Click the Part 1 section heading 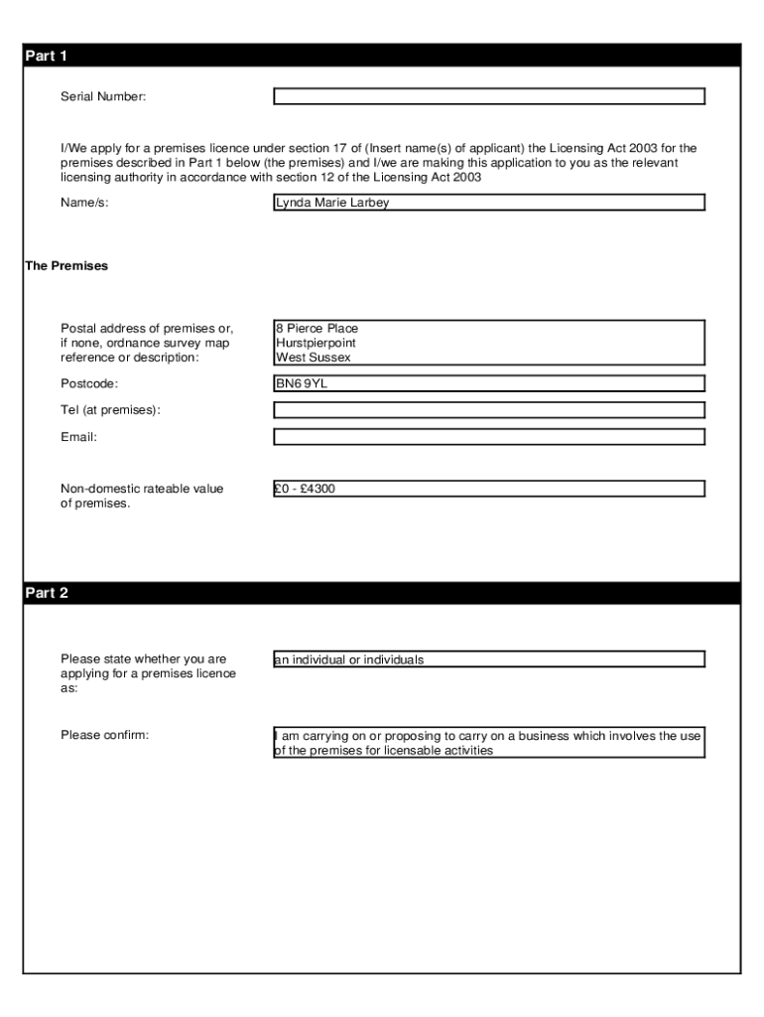coord(46,57)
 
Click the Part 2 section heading coord(46,594)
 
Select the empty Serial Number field coord(488,96)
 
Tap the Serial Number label coord(103,96)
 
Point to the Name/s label coord(84,203)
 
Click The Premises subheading coord(66,266)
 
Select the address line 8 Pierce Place coord(318,328)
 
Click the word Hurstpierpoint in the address coord(316,343)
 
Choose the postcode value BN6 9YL coord(302,383)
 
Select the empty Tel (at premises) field coord(488,410)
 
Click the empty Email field coord(488,437)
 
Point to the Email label coord(78,437)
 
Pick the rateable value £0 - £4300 coord(307,489)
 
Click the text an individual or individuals coord(349,659)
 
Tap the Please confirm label coord(104,735)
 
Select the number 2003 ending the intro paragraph coord(466,177)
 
